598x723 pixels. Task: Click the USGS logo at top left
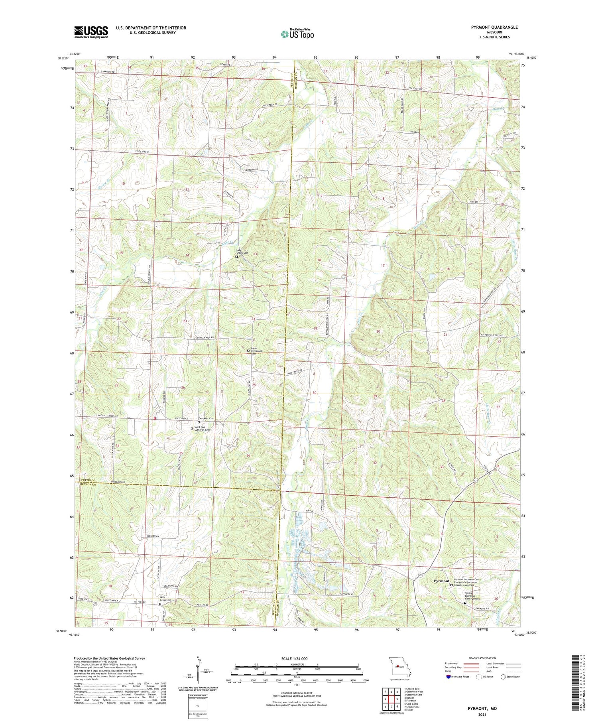click(91, 32)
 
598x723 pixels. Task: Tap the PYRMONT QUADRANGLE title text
click(494, 27)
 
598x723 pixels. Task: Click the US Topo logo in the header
click(297, 34)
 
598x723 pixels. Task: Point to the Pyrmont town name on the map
click(441, 581)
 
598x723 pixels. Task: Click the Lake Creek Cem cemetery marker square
click(236, 257)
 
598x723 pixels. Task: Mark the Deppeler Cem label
click(207, 418)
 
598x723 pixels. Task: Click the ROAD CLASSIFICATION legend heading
click(482, 658)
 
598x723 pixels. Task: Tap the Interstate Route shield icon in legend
click(448, 677)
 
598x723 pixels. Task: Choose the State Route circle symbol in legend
click(503, 677)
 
